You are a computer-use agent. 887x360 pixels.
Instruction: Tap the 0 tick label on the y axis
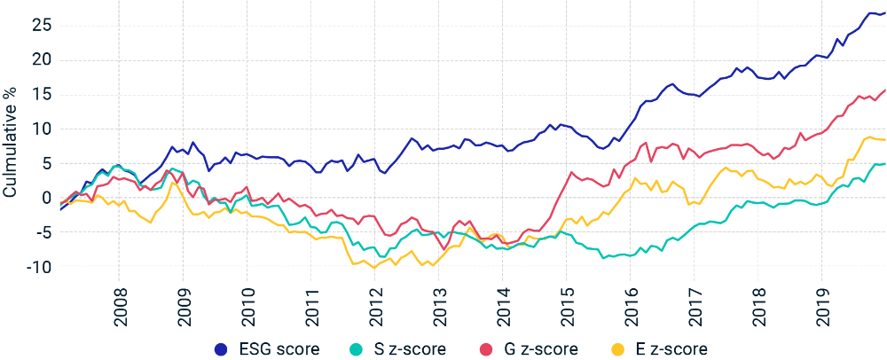46,198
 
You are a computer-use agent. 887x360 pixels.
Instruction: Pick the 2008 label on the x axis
120,307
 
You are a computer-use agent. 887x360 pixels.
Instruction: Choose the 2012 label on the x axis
375,307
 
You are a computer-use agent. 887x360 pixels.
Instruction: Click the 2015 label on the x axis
567,307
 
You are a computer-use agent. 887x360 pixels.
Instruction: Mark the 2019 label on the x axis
822,307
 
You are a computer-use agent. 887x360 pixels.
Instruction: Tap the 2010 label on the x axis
247,307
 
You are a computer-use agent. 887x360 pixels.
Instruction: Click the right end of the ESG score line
885,12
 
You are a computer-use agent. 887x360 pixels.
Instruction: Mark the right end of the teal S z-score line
885,163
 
